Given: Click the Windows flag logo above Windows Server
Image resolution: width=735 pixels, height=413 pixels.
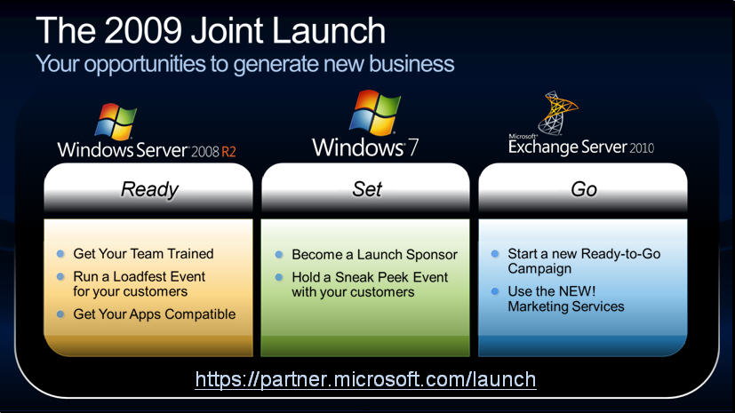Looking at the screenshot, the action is coord(116,122).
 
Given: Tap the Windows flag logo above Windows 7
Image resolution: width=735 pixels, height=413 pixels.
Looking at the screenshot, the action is coord(375,113).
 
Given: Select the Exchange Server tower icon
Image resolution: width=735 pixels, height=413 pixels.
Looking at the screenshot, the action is coord(557,113).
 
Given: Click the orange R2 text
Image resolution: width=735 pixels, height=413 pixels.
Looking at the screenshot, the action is coord(228,152).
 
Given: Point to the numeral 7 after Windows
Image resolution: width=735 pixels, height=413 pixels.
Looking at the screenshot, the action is coord(412,147).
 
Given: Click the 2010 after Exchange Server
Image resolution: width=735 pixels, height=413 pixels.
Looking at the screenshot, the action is coord(642,148).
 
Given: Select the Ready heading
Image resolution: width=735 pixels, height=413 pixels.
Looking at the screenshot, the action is coord(149,190).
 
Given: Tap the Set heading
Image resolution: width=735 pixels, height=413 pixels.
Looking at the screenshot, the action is coord(367,189).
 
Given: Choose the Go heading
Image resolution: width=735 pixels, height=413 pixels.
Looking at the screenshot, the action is coord(584,190).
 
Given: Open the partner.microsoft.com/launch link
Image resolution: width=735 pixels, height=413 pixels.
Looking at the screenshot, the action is coord(365,379).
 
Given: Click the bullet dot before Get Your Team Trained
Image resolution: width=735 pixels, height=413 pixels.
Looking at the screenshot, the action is coord(60,254).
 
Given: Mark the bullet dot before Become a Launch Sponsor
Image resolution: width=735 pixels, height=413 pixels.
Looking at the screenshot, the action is coord(279,254).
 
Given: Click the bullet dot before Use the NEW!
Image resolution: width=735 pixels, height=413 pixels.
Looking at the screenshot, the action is coord(495,291).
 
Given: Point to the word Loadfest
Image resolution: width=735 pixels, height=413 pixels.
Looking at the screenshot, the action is coord(136,276).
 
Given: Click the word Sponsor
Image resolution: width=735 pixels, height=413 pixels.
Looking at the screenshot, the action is coord(432,254).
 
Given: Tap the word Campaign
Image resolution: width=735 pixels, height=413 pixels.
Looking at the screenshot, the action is coord(539,269).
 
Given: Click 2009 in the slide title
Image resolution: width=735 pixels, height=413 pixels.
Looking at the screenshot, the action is coord(143,30).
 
